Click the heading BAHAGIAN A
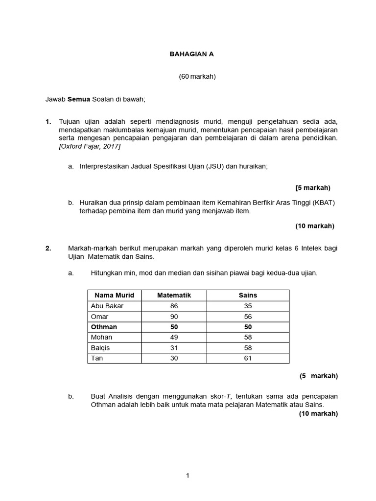(188, 54)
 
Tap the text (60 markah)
(197, 77)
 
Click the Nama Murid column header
(114, 296)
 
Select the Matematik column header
(174, 296)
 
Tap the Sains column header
(248, 296)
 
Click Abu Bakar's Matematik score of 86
(174, 306)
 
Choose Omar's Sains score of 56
(248, 317)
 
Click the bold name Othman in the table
(104, 327)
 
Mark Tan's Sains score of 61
(248, 358)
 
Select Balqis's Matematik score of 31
(174, 348)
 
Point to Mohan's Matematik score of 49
(174, 337)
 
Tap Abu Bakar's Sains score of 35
(248, 306)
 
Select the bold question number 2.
(48, 249)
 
